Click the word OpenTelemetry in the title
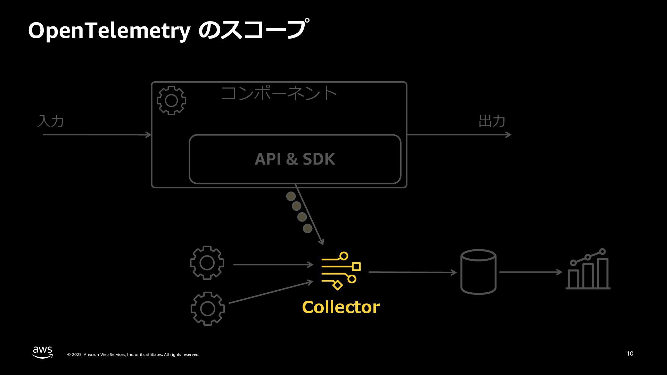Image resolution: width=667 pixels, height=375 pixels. click(109, 31)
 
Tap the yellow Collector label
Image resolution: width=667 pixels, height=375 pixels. click(341, 307)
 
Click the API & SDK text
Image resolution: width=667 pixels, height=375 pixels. click(295, 159)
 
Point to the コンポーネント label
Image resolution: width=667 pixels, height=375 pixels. click(279, 93)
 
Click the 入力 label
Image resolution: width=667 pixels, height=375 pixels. click(51, 121)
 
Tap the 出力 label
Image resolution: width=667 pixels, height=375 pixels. click(492, 121)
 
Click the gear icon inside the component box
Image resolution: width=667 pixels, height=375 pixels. click(171, 101)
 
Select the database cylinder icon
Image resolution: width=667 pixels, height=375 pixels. click(478, 272)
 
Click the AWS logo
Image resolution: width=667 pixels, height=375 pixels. click(43, 352)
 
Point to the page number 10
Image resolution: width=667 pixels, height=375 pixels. click(630, 353)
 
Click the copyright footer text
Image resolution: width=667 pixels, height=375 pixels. click(133, 355)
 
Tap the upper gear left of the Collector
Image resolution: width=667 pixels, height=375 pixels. click(207, 263)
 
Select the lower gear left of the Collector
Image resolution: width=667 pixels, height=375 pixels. click(207, 309)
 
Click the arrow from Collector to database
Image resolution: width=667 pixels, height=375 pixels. click(412, 272)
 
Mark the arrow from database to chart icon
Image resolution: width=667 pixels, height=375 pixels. click(530, 272)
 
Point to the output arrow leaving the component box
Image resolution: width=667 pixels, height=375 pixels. click(459, 134)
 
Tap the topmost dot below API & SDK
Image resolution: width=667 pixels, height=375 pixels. click(291, 197)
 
